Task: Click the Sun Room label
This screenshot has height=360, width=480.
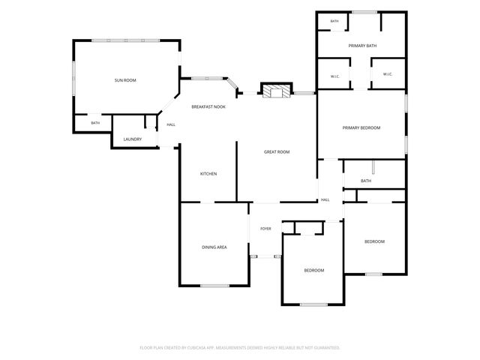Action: pos(125,80)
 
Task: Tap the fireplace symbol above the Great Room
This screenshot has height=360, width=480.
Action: pos(277,90)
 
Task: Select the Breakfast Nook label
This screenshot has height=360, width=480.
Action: pos(208,106)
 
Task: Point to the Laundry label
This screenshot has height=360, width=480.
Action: pos(133,139)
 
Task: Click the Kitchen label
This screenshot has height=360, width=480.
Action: pos(208,174)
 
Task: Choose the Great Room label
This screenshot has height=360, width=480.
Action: pos(277,151)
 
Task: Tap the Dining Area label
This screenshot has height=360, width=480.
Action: pos(214,247)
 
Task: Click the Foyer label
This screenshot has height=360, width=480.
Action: pos(265,229)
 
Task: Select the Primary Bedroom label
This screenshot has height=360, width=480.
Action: pos(361,128)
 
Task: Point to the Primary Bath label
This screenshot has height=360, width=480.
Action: pos(362,46)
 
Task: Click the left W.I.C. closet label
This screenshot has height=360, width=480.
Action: pos(335,76)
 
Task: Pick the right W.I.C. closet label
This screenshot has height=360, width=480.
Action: pos(388,74)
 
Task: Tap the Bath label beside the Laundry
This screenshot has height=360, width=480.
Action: pos(95,123)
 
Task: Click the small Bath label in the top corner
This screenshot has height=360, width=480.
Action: pos(334,21)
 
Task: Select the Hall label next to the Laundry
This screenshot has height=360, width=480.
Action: pos(171,124)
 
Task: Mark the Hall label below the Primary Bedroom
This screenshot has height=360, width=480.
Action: pos(325,200)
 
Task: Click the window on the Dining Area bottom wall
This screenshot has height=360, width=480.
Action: pos(215,286)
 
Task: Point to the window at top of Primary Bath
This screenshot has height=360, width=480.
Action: pos(364,12)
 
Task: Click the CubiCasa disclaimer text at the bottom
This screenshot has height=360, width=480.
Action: pos(240,348)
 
